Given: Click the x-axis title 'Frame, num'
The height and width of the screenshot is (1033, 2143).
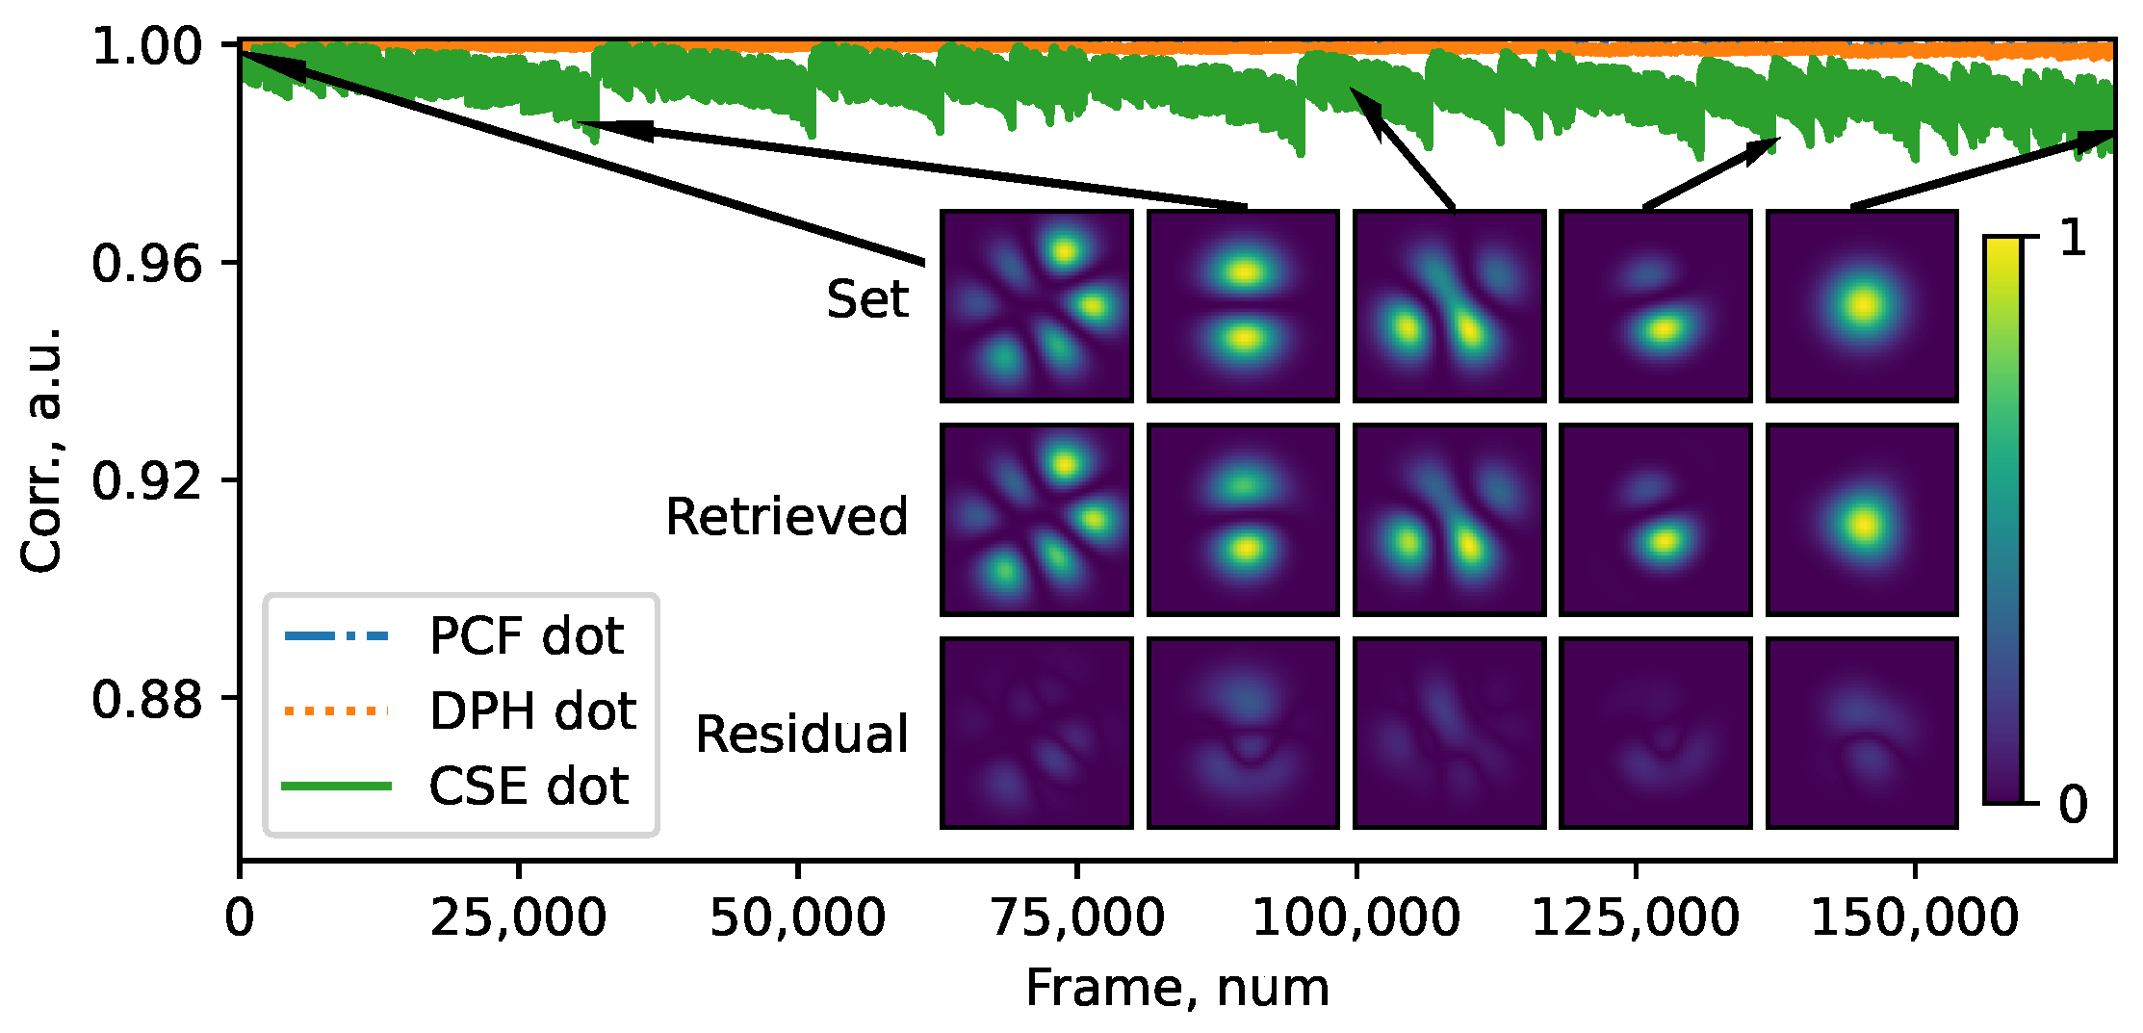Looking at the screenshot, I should (x=1176, y=988).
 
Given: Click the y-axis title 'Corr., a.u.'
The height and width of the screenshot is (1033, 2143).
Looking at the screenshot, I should (x=42, y=449).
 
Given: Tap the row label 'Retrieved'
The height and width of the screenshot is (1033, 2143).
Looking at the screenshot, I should (x=787, y=516).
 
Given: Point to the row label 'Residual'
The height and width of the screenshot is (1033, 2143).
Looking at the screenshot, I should (x=801, y=734).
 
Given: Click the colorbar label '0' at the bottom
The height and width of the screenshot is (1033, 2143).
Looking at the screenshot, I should (x=2073, y=803).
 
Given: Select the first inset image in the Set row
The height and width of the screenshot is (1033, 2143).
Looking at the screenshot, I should (x=1036, y=305).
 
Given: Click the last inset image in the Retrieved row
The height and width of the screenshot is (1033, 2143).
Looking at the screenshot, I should (x=1862, y=519).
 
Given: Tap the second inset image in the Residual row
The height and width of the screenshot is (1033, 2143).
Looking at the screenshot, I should (x=1243, y=732).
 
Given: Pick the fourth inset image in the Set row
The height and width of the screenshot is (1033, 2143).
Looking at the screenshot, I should (x=1655, y=305).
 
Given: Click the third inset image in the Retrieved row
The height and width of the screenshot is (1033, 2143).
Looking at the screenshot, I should (x=1449, y=519).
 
